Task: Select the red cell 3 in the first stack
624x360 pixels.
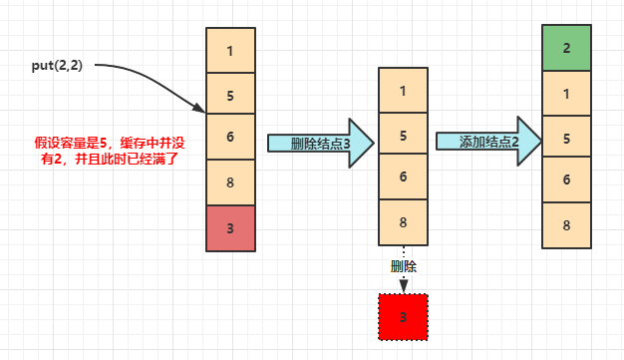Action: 230,227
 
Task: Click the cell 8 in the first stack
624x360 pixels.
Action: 230,181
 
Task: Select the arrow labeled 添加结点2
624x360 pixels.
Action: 487,142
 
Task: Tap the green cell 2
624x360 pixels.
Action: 567,48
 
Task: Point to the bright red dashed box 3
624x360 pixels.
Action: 403,318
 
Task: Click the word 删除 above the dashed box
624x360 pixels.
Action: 403,267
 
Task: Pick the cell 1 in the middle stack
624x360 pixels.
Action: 403,90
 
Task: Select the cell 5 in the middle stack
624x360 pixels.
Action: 403,134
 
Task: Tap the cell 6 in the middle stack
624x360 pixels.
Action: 403,178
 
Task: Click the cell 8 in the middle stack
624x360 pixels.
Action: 403,221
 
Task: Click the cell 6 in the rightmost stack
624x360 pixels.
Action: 567,180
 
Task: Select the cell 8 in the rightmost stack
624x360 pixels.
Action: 567,224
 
